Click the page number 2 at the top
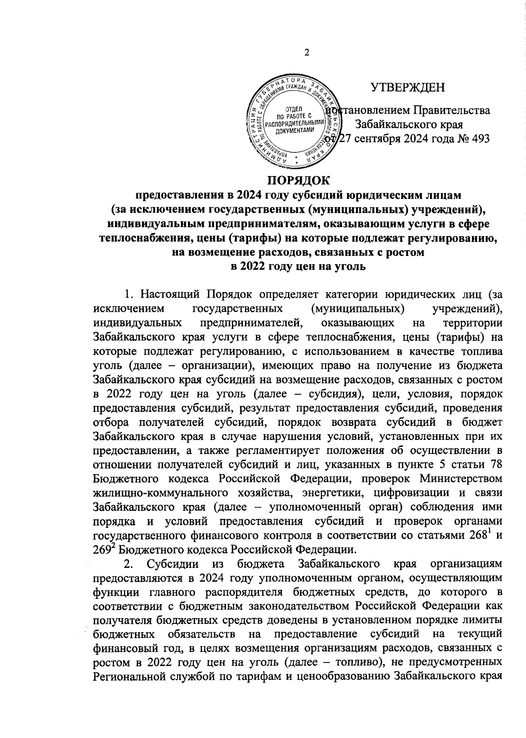[x=307, y=52]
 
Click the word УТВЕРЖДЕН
[x=408, y=87]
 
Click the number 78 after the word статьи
[x=495, y=464]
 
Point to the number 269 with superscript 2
[x=103, y=549]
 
